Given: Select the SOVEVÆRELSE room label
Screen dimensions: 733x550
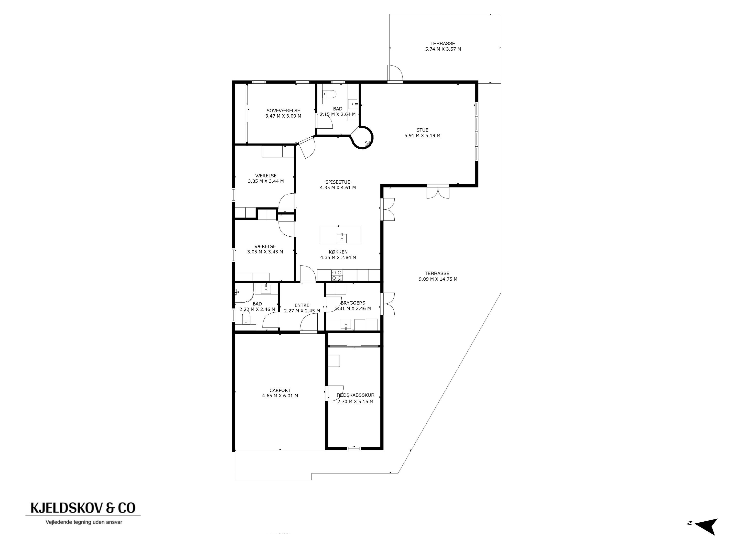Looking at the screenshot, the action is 283,111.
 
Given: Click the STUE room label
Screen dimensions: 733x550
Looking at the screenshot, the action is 422,130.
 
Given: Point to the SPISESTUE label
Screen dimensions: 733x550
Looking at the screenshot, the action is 338,182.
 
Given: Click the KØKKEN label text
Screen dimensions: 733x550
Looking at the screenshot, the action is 338,252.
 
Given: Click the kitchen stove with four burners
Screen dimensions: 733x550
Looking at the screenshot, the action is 337,275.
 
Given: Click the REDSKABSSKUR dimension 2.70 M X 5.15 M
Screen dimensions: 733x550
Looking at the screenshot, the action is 355,401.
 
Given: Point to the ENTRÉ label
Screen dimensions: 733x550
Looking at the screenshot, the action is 302,305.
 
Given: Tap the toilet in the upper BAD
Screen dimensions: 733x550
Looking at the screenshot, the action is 329,95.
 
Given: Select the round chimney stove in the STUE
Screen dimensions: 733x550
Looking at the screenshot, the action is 362,137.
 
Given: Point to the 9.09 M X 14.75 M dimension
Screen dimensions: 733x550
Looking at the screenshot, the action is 438,279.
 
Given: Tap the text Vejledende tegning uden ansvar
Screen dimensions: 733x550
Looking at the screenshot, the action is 84,522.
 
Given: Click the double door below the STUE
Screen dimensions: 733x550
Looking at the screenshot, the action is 438,192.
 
